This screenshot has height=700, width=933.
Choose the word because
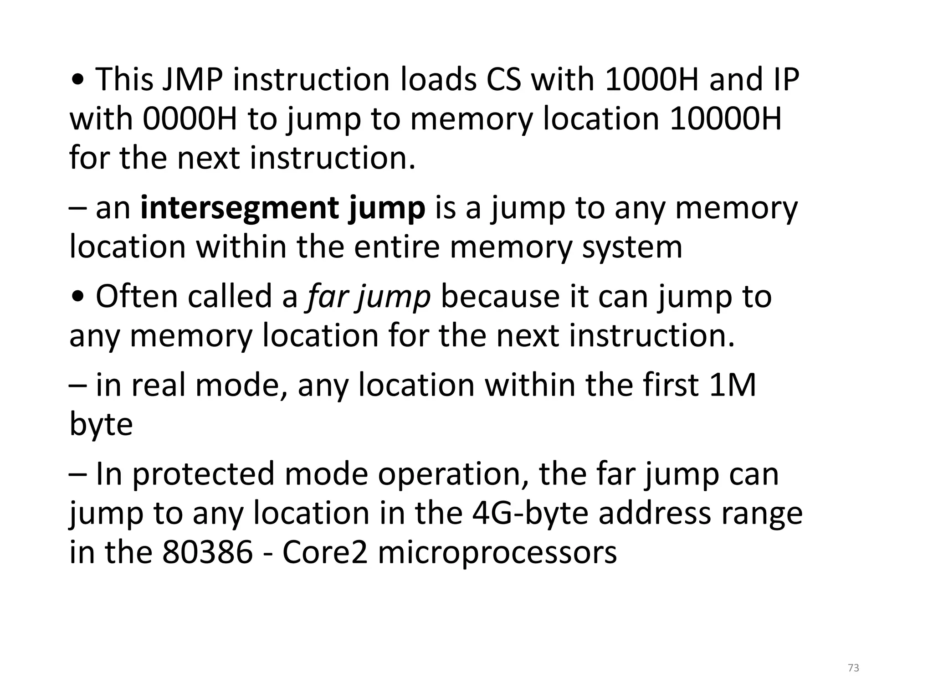[500, 297]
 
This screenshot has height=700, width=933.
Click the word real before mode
[158, 385]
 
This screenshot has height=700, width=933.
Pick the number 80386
[207, 552]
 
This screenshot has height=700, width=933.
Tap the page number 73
[854, 668]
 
